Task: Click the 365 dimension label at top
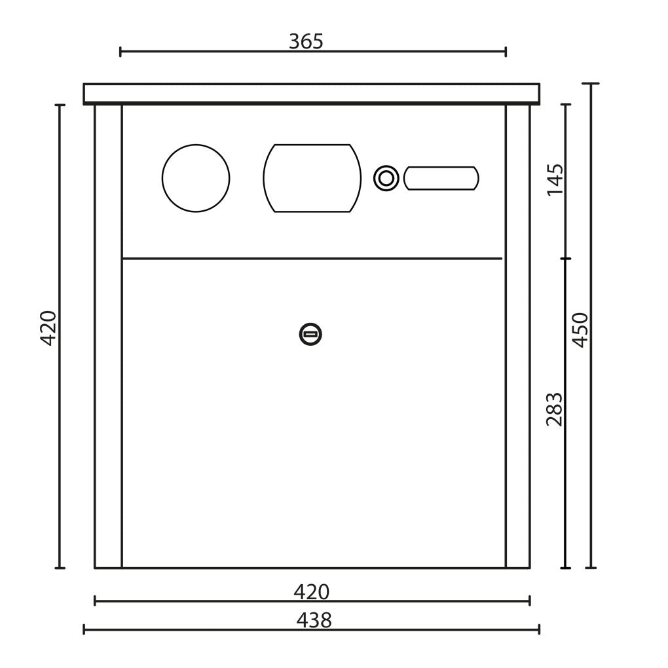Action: (x=306, y=42)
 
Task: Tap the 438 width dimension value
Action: (x=314, y=620)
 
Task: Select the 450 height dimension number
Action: (x=580, y=329)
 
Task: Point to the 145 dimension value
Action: (x=555, y=179)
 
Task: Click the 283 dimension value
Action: (x=555, y=409)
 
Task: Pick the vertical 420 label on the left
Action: (x=48, y=328)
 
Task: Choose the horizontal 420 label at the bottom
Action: (x=312, y=592)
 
